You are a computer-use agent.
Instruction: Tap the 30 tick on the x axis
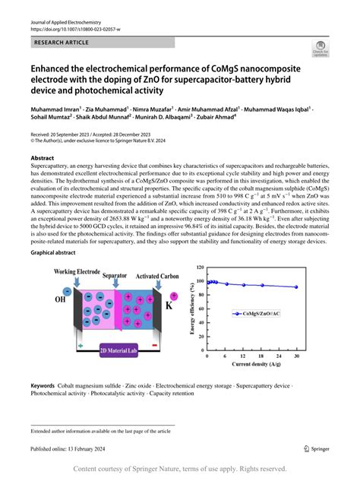296,355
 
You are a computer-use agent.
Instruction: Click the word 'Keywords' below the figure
47,386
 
